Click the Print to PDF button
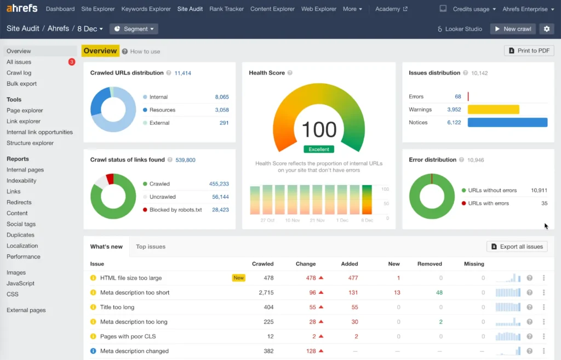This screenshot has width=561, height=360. click(x=529, y=50)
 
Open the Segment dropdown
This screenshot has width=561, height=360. click(x=134, y=29)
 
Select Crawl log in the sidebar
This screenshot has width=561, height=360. click(x=19, y=73)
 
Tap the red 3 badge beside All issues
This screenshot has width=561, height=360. click(x=72, y=62)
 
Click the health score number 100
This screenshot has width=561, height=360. click(x=319, y=130)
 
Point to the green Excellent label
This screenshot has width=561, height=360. click(x=318, y=149)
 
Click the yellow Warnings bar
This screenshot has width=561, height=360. click(x=493, y=110)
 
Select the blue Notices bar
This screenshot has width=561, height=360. click(x=507, y=123)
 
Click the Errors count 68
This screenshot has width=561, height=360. click(x=457, y=96)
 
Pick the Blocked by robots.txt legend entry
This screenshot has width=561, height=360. click(x=175, y=210)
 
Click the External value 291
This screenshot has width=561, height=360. click(x=224, y=123)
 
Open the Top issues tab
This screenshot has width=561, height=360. click(x=151, y=247)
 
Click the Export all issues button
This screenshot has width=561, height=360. click(x=517, y=247)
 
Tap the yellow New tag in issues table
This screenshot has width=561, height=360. click(x=239, y=278)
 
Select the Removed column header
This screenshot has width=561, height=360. click(x=430, y=264)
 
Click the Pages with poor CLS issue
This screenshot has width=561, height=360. click(x=128, y=336)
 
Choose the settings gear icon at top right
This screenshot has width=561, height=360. click(x=546, y=29)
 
